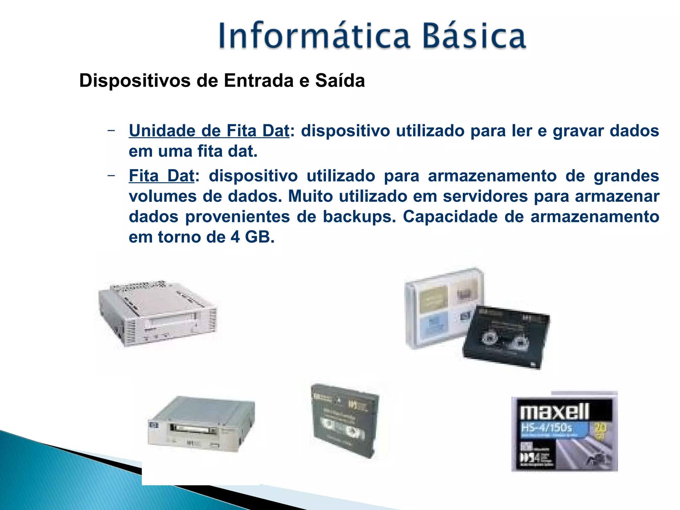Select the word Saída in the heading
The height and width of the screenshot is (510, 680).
340,81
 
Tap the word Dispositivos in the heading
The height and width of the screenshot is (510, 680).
135,81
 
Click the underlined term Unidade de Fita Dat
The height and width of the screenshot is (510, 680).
209,131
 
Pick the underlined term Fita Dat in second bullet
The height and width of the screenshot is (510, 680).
161,176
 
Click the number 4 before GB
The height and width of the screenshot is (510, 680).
235,237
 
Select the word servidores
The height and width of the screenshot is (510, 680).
485,196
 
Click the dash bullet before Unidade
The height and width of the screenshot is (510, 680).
111,130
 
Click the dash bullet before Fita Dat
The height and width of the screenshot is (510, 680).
111,175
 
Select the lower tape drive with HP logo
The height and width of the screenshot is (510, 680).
201,424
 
